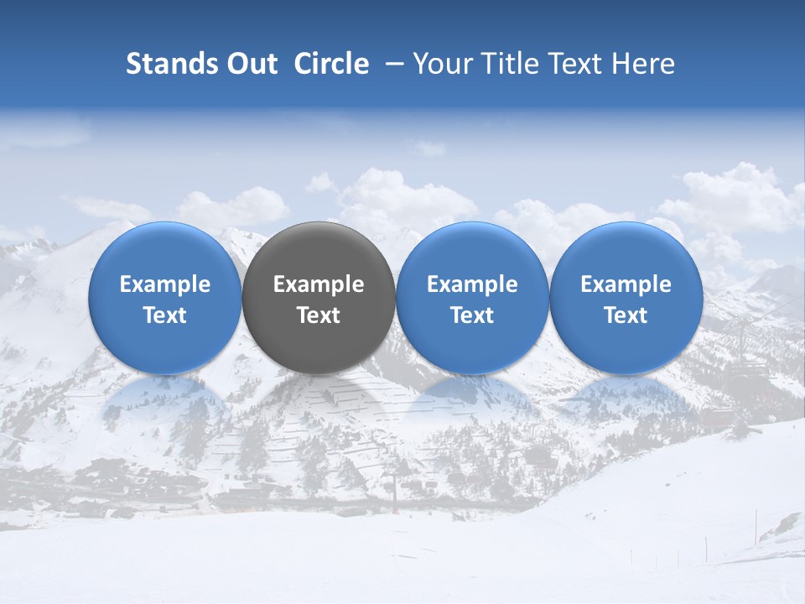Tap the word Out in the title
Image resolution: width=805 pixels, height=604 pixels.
[249, 64]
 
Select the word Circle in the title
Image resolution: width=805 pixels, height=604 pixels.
[331, 64]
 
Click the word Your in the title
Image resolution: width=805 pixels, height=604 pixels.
[442, 64]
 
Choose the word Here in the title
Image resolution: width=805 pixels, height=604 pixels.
[643, 64]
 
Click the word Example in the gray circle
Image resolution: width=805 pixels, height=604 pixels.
[319, 284]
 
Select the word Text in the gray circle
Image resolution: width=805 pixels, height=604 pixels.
[319, 315]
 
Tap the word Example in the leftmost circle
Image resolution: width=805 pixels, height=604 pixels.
[165, 284]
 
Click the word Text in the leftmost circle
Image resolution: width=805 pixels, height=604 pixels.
[165, 315]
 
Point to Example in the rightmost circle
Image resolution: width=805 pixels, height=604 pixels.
[626, 284]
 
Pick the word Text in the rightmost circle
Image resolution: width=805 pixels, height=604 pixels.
[626, 315]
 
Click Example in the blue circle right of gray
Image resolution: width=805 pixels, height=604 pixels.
[472, 284]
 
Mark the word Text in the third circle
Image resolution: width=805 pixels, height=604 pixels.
[472, 315]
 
